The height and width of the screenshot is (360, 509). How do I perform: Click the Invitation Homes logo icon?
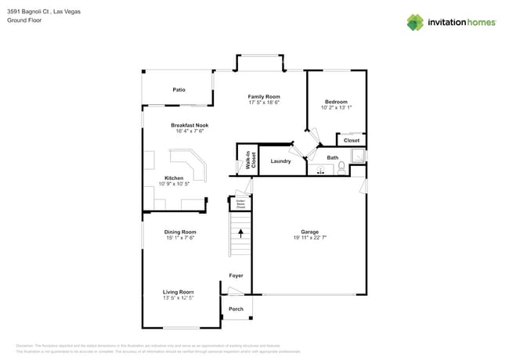415,22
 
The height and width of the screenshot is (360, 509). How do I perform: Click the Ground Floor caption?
24,20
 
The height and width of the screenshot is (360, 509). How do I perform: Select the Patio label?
179,90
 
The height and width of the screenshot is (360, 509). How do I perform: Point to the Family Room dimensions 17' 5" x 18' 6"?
264,103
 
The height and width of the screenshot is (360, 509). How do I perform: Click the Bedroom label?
336,102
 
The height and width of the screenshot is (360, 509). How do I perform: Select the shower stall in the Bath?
358,156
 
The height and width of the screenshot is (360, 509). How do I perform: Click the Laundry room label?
280,161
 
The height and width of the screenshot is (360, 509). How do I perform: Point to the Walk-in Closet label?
251,160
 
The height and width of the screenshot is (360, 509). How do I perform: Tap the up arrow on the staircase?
241,232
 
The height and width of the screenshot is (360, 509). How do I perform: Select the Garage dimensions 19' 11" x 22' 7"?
309,237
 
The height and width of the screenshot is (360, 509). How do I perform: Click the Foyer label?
236,275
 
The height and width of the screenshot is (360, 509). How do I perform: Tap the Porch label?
236,309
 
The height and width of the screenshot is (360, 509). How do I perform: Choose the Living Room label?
178,292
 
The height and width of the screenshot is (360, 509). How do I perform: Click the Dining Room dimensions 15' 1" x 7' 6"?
179,237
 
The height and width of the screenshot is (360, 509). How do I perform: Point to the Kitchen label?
174,178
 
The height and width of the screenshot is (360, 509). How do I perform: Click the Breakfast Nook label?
190,125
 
